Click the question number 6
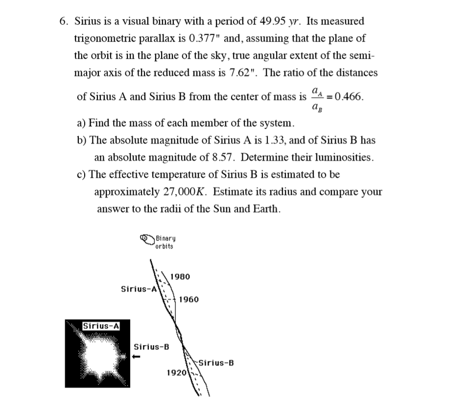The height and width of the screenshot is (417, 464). point(64,22)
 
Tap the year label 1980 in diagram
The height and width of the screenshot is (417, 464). point(180,277)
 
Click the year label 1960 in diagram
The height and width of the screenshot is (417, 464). point(189,300)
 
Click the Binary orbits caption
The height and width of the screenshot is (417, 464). point(165,242)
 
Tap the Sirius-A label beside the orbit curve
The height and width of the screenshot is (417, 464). point(139,289)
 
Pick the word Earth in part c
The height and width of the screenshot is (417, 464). point(265,209)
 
